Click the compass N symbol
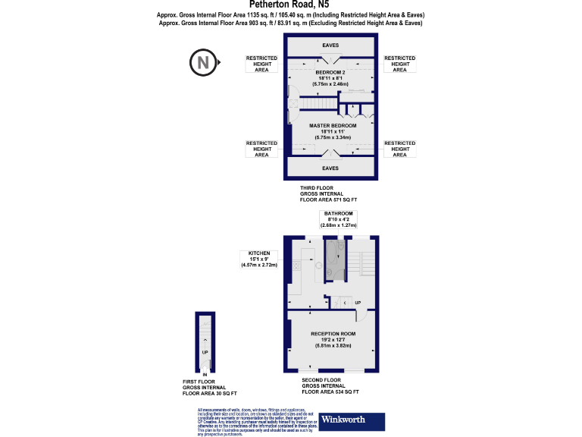tap(202, 62)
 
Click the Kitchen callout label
tap(259, 259)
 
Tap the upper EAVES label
tap(330, 46)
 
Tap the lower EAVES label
tap(330, 168)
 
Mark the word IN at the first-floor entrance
tap(205, 374)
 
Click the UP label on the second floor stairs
tap(357, 303)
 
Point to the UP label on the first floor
tap(205, 352)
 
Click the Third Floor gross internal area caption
tap(328, 194)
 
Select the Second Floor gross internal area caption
tap(330, 385)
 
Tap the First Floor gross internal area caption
tap(210, 388)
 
